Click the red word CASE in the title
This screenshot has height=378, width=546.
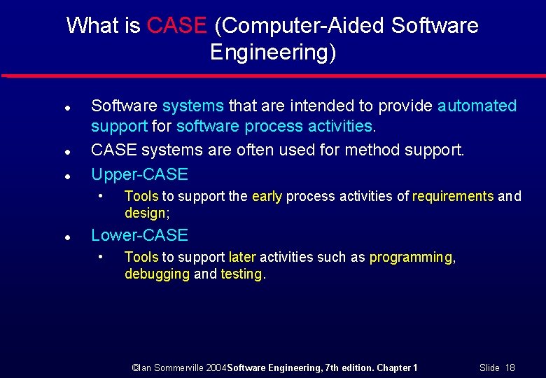coord(177,26)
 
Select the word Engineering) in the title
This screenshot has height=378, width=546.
coord(273,52)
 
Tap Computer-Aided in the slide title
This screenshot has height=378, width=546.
coord(300,26)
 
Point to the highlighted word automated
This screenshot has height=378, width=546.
coord(477,106)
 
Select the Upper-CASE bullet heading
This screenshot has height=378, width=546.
coord(139,174)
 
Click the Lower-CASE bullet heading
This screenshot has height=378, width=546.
coord(139,235)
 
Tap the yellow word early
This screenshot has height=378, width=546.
coord(266,196)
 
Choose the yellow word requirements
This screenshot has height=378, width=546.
coord(453,196)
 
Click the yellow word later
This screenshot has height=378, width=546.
coord(242,257)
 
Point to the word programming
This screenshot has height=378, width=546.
coord(411,257)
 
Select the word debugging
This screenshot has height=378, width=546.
coord(157,274)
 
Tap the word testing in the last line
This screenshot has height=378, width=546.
coord(241,274)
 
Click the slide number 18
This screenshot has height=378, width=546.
coord(510,367)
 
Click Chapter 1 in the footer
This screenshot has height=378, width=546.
coord(396,367)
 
